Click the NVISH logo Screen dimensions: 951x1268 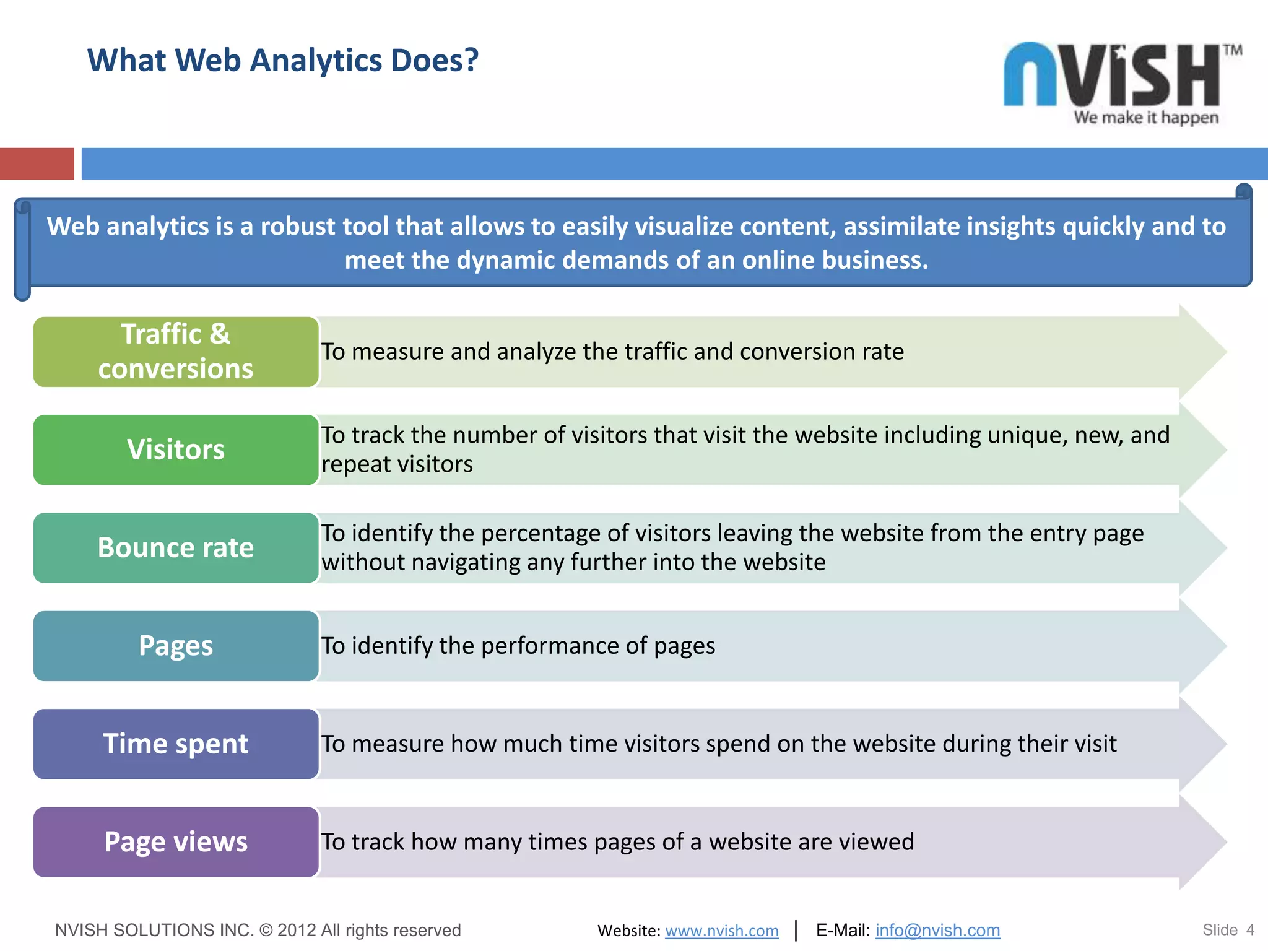coord(1112,76)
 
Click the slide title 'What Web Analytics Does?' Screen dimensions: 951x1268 coord(283,61)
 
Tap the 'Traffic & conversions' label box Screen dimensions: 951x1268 coord(176,352)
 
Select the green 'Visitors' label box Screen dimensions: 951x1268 coord(176,449)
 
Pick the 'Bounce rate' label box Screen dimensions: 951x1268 coord(176,548)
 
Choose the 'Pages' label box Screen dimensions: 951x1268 coord(176,646)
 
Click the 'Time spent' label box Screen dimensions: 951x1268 coord(176,744)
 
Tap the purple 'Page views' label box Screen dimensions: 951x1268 coord(176,842)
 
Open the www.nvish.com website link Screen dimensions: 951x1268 coord(721,931)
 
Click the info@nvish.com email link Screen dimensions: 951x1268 coord(937,930)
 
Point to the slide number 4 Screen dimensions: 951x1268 coord(1250,930)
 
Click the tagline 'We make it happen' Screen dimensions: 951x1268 coord(1146,118)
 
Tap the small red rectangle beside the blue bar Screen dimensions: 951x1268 coord(37,163)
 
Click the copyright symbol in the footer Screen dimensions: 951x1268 coord(266,930)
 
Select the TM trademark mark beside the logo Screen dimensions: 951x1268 coord(1232,50)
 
